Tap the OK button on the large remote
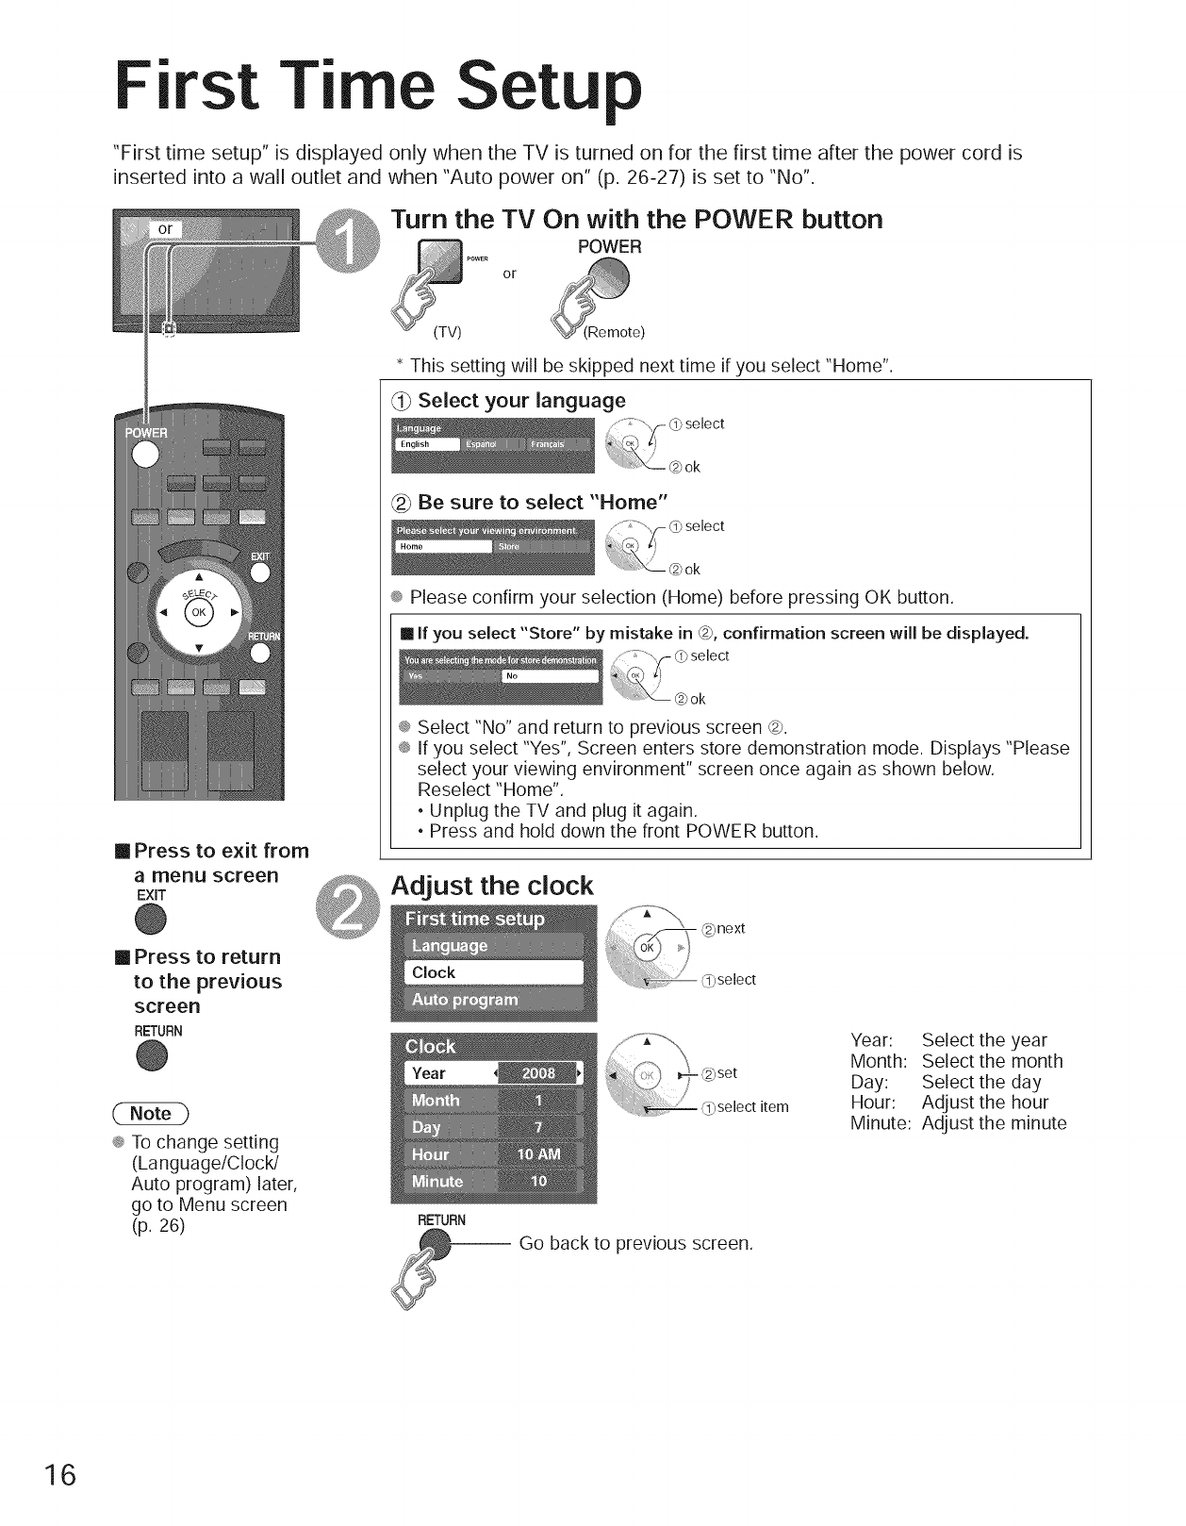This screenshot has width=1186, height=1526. (x=198, y=612)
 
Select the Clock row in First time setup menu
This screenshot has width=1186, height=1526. (x=494, y=972)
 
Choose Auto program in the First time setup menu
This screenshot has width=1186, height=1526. (x=494, y=1000)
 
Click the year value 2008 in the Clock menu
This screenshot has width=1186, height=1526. (x=539, y=1073)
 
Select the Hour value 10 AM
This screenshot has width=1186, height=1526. (x=537, y=1154)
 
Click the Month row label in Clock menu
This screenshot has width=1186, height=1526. (x=436, y=1101)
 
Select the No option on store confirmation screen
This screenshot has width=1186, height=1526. (x=551, y=676)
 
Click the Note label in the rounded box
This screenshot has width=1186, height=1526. (x=151, y=1113)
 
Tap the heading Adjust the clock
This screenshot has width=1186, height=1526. (x=492, y=887)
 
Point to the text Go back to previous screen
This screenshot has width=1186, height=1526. (x=636, y=1243)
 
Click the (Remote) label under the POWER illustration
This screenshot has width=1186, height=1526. (x=614, y=332)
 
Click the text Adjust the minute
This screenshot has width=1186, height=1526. (x=994, y=1123)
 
